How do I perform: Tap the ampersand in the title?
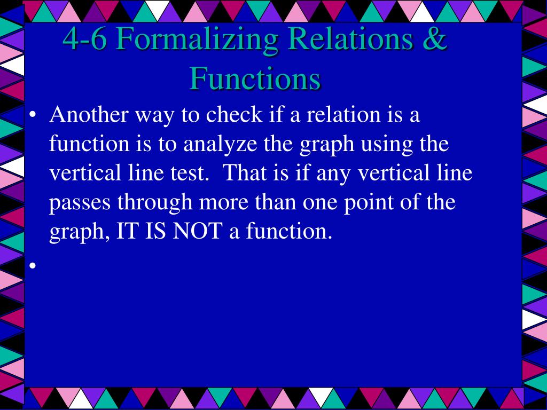click(436, 39)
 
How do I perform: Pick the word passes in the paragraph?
click(80, 203)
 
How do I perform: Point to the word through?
click(155, 203)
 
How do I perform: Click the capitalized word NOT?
click(198, 232)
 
